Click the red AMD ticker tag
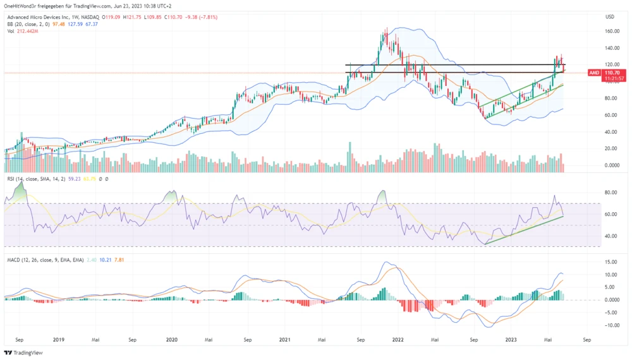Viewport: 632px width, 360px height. coord(594,73)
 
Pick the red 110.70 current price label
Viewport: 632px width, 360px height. coord(611,73)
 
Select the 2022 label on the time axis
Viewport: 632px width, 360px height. coord(398,339)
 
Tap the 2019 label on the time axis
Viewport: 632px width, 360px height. coord(58,339)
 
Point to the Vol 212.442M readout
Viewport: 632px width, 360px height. coord(23,32)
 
